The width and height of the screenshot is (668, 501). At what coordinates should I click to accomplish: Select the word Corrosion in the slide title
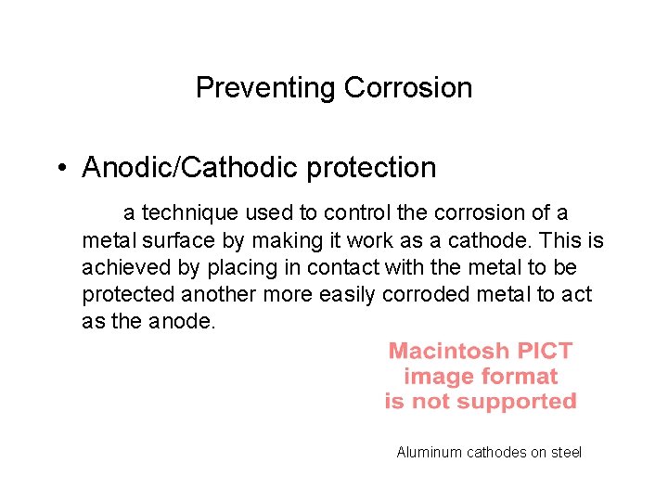(x=407, y=88)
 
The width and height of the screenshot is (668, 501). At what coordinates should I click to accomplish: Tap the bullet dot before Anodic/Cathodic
(x=58, y=168)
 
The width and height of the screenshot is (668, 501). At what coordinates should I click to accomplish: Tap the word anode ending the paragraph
(x=192, y=322)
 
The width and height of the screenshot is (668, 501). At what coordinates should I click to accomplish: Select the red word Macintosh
(x=449, y=352)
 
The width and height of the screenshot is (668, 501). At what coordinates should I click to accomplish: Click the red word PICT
(x=544, y=352)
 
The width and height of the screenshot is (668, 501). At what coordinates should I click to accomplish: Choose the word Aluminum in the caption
(x=430, y=453)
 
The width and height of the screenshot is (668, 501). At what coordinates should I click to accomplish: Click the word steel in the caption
(x=566, y=453)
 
